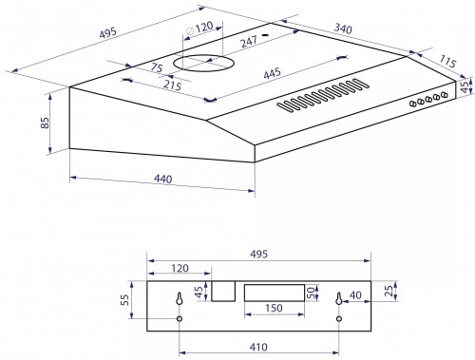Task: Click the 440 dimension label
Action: (x=163, y=179)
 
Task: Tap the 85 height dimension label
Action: (x=45, y=123)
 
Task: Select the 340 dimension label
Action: (x=343, y=28)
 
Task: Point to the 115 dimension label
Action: (x=447, y=61)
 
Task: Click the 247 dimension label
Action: (x=249, y=42)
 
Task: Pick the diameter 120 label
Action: (x=200, y=28)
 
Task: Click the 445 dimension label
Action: (x=272, y=73)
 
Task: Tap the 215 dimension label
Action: (x=173, y=85)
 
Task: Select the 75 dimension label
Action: (x=157, y=67)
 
